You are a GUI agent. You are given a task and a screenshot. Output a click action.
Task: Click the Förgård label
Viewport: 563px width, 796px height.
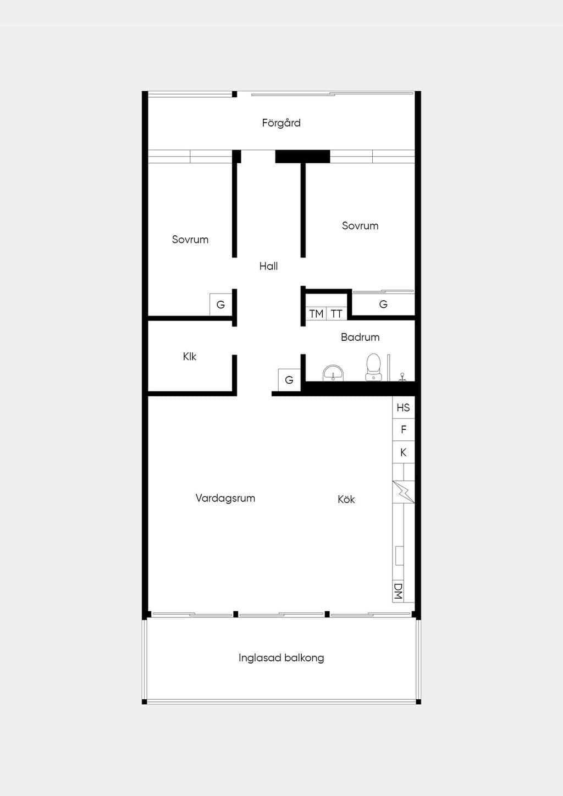tap(281, 123)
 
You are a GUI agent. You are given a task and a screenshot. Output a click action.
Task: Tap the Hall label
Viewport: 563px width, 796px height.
tap(268, 266)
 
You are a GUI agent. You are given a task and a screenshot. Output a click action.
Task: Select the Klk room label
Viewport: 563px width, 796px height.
tap(190, 356)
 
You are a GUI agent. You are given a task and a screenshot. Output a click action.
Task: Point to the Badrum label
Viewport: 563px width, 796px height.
tap(360, 337)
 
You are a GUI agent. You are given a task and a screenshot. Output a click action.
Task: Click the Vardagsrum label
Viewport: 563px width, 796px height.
tap(225, 498)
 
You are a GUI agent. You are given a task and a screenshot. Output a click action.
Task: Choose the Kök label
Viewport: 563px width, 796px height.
tap(346, 499)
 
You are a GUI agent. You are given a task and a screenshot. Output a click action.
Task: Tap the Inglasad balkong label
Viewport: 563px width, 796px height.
tap(281, 658)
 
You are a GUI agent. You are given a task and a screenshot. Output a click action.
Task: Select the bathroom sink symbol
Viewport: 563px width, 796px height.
tap(333, 373)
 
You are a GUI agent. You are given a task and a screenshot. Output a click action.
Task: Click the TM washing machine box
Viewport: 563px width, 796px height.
tap(316, 314)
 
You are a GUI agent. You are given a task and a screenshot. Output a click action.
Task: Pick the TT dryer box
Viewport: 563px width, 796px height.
tap(336, 314)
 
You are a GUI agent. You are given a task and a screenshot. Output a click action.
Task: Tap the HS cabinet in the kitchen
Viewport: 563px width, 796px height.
tap(404, 407)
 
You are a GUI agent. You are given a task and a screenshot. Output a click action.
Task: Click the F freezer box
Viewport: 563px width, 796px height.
tap(404, 430)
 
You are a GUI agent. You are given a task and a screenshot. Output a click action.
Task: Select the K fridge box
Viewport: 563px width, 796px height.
tap(404, 452)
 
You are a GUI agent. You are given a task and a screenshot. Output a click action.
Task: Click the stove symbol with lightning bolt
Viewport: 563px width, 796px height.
tap(404, 492)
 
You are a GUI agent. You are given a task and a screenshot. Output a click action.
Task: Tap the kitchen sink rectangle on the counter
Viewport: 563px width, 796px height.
tap(400, 556)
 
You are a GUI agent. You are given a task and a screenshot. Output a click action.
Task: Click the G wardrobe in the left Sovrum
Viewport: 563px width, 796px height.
tap(220, 305)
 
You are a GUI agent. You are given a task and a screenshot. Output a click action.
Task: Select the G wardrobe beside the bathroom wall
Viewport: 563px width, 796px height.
tap(289, 380)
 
